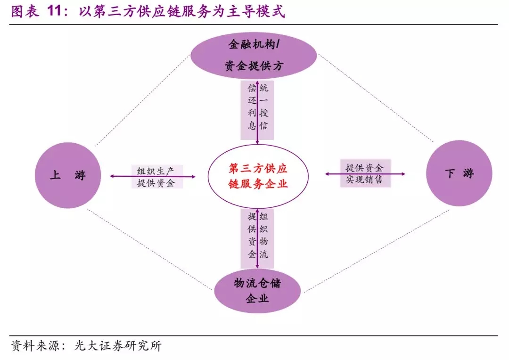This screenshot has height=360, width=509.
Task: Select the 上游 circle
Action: (x=68, y=175)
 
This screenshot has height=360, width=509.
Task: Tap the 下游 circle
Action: (x=459, y=173)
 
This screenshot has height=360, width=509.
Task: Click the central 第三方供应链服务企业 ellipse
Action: (x=258, y=176)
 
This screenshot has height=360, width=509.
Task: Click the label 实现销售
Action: (x=364, y=180)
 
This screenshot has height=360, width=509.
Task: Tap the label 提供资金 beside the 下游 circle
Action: (x=364, y=168)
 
